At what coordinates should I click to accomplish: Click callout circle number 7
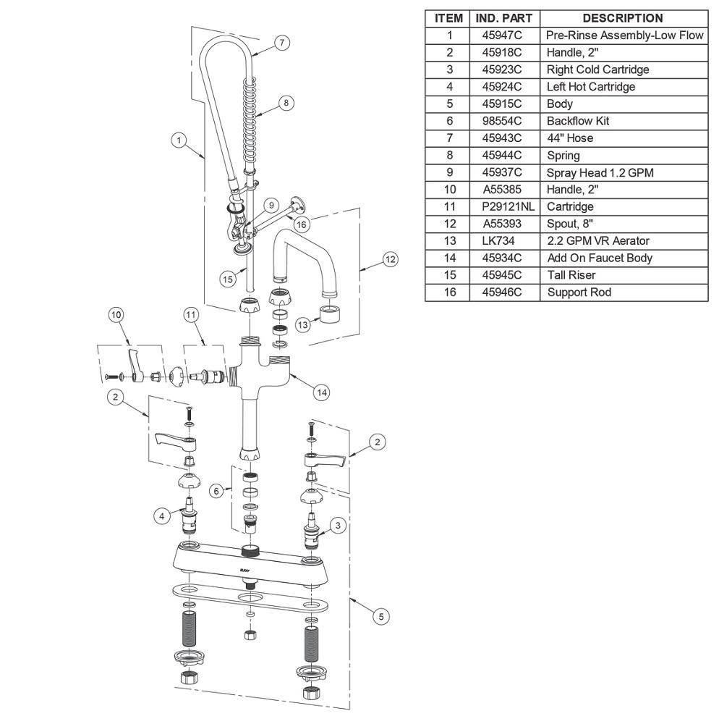pyautogui.click(x=282, y=43)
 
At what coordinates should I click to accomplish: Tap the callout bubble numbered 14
pyautogui.click(x=321, y=392)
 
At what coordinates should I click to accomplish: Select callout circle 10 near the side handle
pyautogui.click(x=116, y=315)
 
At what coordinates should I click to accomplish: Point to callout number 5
pyautogui.click(x=381, y=616)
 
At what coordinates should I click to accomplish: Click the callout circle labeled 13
pyautogui.click(x=302, y=325)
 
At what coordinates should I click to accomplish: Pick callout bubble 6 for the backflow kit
pyautogui.click(x=216, y=491)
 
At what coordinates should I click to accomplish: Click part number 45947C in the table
pyautogui.click(x=502, y=35)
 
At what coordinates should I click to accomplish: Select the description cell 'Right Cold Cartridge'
pyautogui.click(x=597, y=70)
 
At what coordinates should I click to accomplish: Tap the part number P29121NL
pyautogui.click(x=508, y=207)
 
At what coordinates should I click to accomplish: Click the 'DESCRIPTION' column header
pyautogui.click(x=623, y=19)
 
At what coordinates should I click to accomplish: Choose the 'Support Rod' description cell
pyautogui.click(x=579, y=292)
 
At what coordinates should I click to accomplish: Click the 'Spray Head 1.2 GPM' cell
pyautogui.click(x=600, y=173)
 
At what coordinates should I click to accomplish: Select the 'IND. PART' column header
pyautogui.click(x=504, y=19)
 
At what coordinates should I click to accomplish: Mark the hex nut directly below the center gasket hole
pyautogui.click(x=250, y=635)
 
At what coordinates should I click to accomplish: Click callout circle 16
pyautogui.click(x=301, y=225)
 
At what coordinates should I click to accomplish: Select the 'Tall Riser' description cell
pyautogui.click(x=571, y=275)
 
